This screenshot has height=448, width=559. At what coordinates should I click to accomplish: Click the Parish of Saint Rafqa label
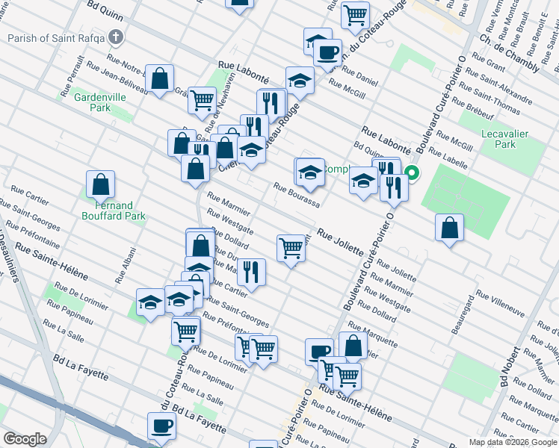(55, 38)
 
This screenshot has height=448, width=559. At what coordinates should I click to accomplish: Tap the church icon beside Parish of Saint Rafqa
(115, 37)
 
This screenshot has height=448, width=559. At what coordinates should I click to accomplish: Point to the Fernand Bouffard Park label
(114, 211)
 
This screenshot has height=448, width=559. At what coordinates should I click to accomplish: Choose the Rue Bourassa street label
(297, 197)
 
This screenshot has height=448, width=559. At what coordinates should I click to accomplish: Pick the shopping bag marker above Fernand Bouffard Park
(100, 184)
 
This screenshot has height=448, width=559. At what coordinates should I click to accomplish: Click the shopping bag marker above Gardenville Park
(159, 78)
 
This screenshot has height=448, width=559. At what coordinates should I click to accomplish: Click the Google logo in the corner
(25, 439)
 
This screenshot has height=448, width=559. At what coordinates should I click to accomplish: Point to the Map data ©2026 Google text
(513, 442)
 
